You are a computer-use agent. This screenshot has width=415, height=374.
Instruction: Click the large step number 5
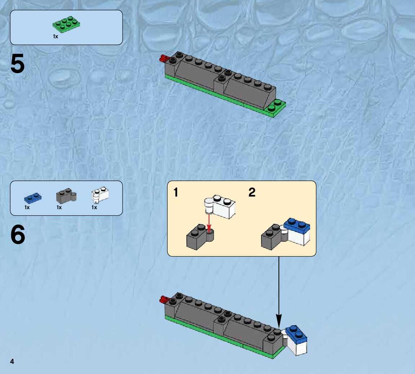coord(18,64)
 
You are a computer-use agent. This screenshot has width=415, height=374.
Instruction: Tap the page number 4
coord(12,362)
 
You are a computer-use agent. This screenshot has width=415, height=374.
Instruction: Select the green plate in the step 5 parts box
coord(66,24)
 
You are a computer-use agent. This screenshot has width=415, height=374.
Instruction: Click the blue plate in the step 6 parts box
coord(33,197)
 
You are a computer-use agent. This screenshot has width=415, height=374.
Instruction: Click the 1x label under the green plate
coord(56,36)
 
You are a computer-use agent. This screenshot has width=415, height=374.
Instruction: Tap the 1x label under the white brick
coord(94,207)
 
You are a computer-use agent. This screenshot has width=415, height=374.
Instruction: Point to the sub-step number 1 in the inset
coord(176,193)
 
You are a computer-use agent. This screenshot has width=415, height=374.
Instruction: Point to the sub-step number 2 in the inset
coord(252,193)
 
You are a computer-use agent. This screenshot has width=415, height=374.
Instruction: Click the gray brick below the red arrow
coord(199,237)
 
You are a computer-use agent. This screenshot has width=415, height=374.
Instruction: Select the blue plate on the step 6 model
coord(296,334)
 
